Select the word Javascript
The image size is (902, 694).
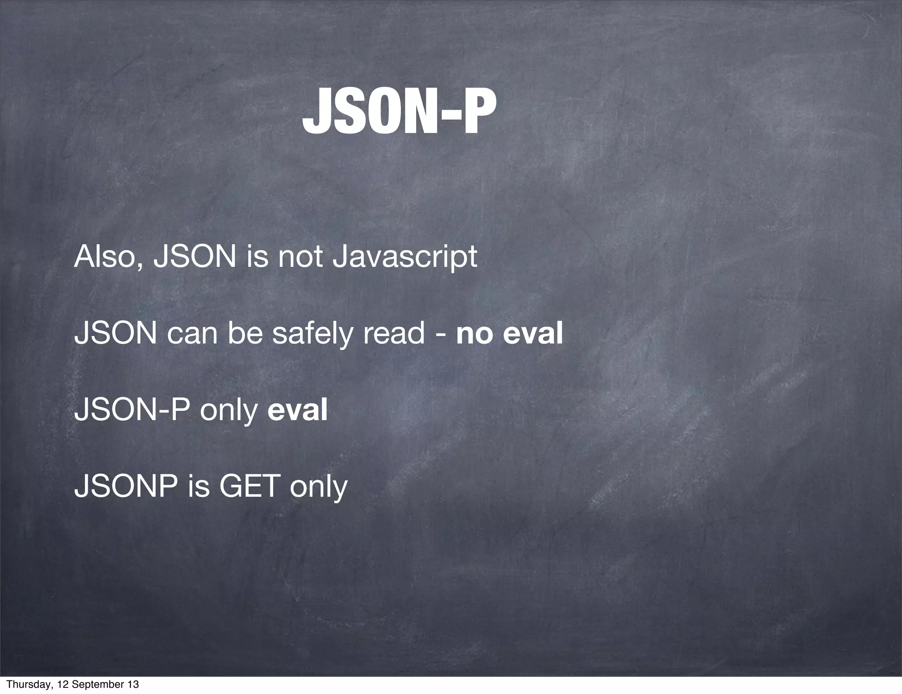(404, 258)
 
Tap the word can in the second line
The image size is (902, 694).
(192, 334)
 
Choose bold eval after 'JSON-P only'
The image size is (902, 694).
(298, 410)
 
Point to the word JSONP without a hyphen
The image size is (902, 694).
(126, 486)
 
